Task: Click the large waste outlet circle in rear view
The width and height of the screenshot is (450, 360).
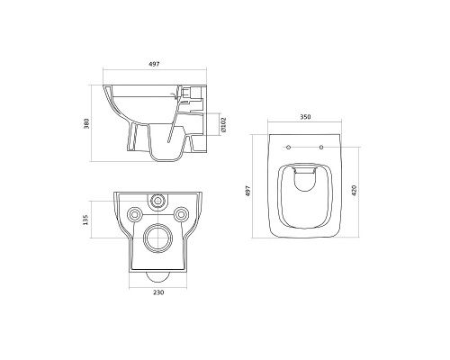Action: [158, 238]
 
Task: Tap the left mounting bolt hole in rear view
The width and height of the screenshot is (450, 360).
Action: [135, 214]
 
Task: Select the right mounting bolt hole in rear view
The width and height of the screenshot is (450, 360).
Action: [182, 214]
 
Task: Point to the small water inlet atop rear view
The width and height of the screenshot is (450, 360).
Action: [158, 198]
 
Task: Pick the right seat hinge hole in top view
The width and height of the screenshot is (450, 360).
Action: [320, 145]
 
